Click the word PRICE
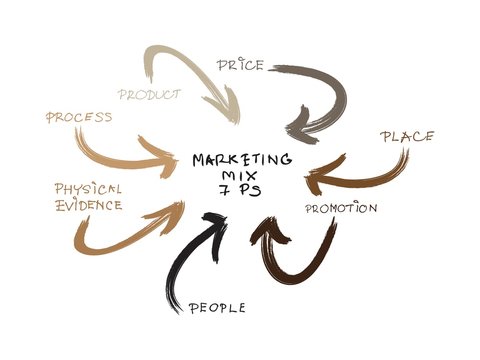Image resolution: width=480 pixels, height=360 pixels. coord(240,65)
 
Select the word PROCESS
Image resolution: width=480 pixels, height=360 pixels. coord(79,118)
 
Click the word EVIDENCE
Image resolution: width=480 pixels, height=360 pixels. coord(88,205)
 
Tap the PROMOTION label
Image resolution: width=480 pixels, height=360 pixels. coord(340,209)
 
